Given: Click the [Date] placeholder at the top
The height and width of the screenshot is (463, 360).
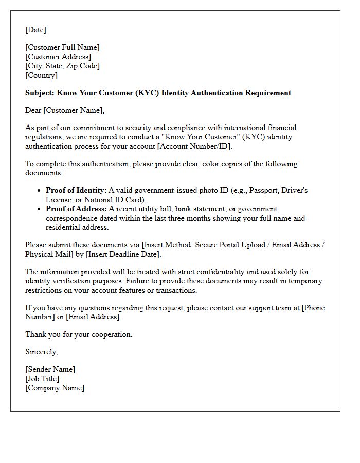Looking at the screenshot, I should tap(35, 30).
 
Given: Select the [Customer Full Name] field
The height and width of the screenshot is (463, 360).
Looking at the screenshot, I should tap(62, 47).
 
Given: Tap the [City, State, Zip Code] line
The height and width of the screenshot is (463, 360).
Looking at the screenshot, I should tap(62, 66).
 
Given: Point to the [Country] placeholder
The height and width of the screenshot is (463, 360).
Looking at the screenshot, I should tap(41, 75).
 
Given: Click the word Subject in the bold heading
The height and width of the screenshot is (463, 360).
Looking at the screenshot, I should tap(39, 93).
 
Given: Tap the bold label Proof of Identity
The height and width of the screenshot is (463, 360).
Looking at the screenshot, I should tap(76, 190).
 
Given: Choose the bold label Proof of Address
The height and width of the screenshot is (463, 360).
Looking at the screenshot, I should tap(76, 209).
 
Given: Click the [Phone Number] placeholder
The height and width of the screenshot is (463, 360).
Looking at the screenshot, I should tap(313, 308).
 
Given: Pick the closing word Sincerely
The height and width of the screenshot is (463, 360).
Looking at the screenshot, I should tap(41, 352).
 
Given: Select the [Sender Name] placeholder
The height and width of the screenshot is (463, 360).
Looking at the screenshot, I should tap(50, 369).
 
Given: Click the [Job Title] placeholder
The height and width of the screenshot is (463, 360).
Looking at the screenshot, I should tap(42, 379).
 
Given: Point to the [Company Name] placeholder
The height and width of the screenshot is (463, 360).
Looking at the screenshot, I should tap(55, 388).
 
